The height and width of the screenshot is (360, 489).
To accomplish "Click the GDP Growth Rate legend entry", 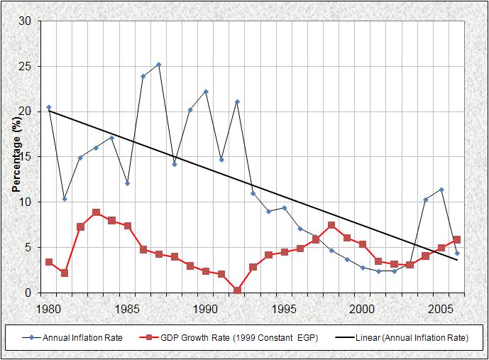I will click(227, 338).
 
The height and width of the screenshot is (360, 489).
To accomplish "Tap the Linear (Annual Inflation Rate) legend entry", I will click(405, 338).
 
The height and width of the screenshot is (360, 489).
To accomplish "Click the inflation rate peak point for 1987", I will click(158, 65).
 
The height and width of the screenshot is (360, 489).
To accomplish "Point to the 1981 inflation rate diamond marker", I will click(64, 199).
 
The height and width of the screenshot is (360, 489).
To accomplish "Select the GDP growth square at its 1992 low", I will click(237, 290).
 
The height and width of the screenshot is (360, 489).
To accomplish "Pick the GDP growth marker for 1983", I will click(96, 212).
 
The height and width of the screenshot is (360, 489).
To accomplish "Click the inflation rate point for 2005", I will click(441, 190).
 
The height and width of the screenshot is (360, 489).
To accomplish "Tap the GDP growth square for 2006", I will click(456, 239).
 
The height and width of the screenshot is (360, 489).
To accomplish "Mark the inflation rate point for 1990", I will click(206, 92).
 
